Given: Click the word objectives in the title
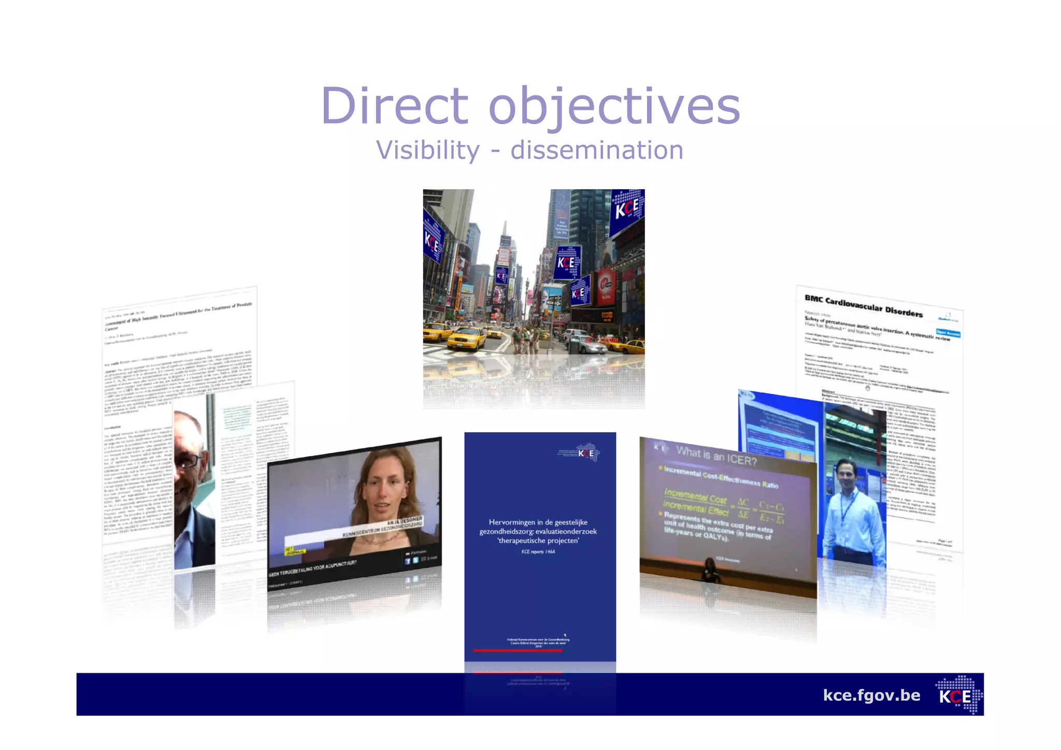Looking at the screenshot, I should [614, 106].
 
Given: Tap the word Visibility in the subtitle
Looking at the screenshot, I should [428, 151].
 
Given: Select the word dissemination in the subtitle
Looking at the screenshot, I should [597, 151].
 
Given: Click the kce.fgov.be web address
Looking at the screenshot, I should [871, 695].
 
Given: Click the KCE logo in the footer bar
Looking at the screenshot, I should [958, 695].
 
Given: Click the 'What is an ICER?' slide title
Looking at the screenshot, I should [716, 456].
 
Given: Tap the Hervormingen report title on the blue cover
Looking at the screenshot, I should [538, 531].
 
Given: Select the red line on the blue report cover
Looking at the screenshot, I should [518, 650].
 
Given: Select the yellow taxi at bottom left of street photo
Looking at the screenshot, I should [466, 338].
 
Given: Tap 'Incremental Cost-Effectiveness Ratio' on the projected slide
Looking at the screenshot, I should [721, 477].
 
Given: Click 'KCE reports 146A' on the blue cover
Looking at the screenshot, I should [538, 552].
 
